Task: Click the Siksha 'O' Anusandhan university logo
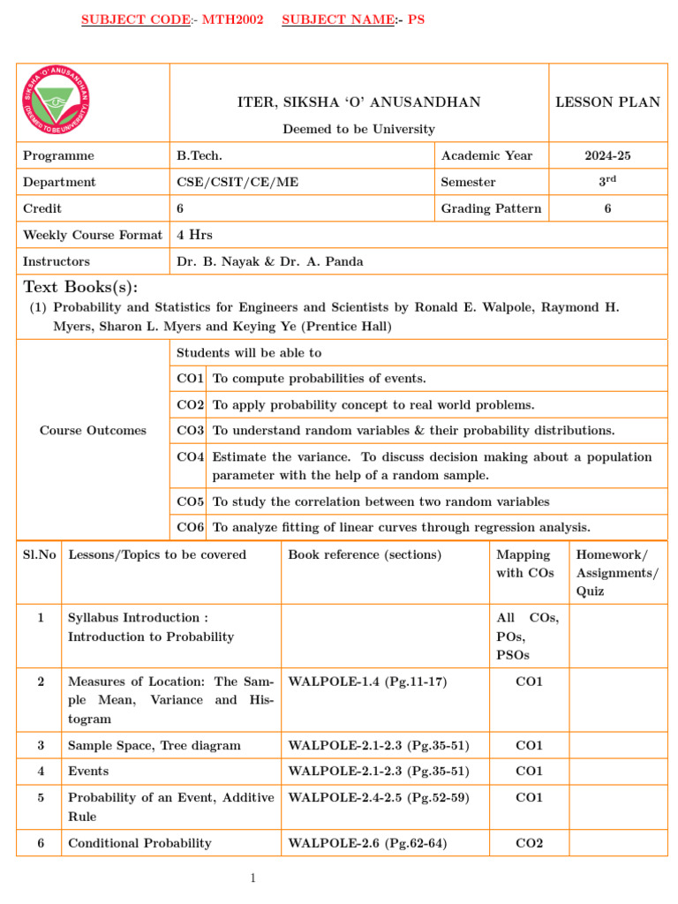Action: click(56, 102)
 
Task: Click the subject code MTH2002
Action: click(233, 19)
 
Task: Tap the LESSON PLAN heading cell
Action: click(607, 102)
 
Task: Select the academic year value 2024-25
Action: click(607, 155)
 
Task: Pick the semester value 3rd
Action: click(607, 181)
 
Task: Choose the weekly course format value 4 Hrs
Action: click(194, 235)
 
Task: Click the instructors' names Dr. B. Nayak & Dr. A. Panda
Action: click(269, 261)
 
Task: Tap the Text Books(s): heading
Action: click(80, 287)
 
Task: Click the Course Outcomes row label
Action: click(93, 431)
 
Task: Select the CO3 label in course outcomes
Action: click(191, 431)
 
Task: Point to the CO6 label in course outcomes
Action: click(191, 528)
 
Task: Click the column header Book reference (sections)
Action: click(365, 555)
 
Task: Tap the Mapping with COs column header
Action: click(524, 564)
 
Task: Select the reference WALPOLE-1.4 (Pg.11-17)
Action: click(367, 682)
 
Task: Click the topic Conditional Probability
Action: click(139, 843)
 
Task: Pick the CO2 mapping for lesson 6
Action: click(529, 843)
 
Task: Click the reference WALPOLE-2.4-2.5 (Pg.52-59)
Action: click(379, 798)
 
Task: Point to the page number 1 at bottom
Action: click(252, 878)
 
